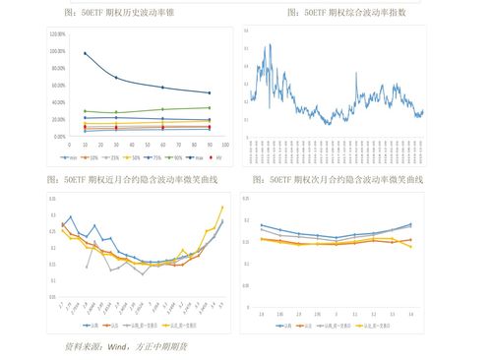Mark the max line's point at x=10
coord(85,53)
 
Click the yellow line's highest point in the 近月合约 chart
coord(222,207)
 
